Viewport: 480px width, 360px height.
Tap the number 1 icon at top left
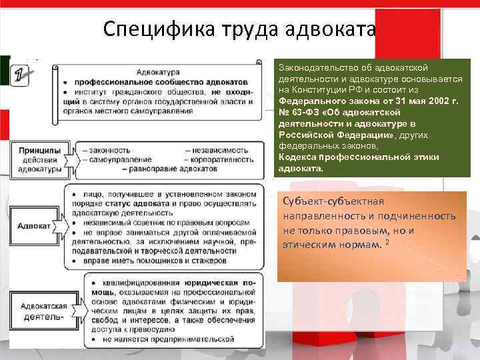click(x=21, y=71)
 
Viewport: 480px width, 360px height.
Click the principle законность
click(x=105, y=150)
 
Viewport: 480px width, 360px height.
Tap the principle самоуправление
click(x=113, y=160)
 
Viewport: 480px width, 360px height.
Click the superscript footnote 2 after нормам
click(x=387, y=242)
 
